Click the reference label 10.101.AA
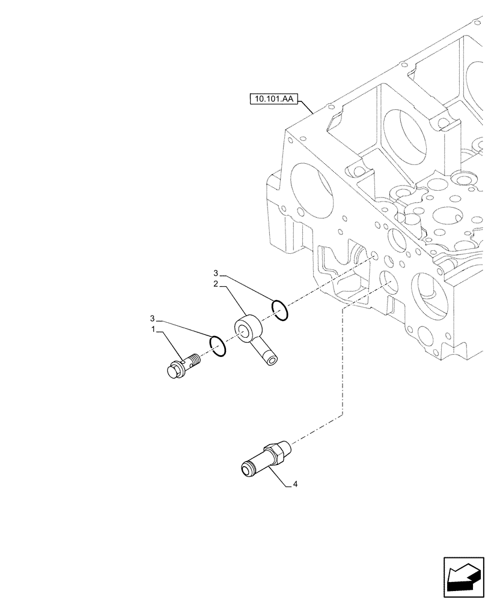point(273,98)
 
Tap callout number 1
point(154,330)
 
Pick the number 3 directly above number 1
point(153,317)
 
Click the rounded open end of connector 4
point(246,467)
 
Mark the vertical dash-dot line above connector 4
point(342,372)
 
